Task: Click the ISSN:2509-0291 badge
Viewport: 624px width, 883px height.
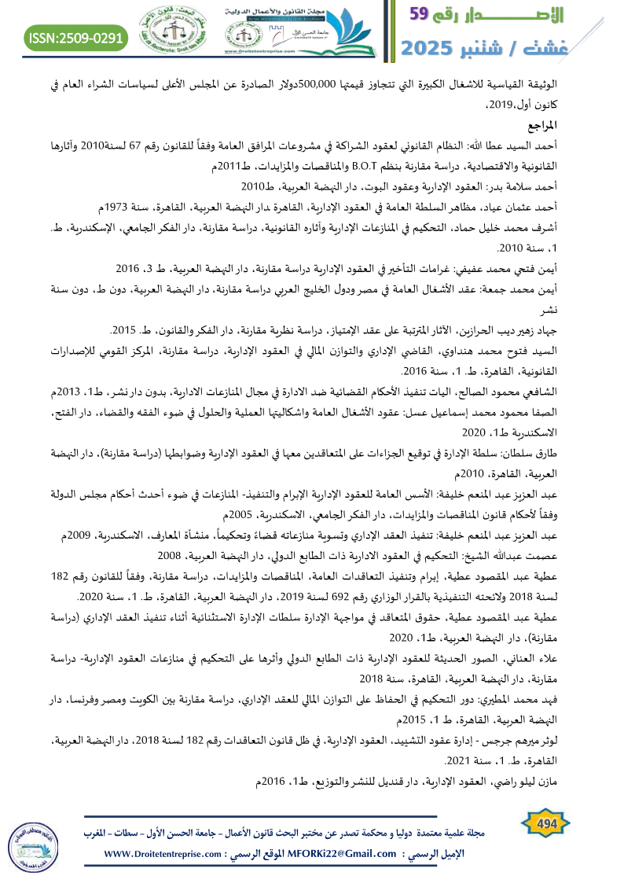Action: coord(77,36)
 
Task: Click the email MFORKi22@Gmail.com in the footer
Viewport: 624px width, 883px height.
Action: coord(343,855)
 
